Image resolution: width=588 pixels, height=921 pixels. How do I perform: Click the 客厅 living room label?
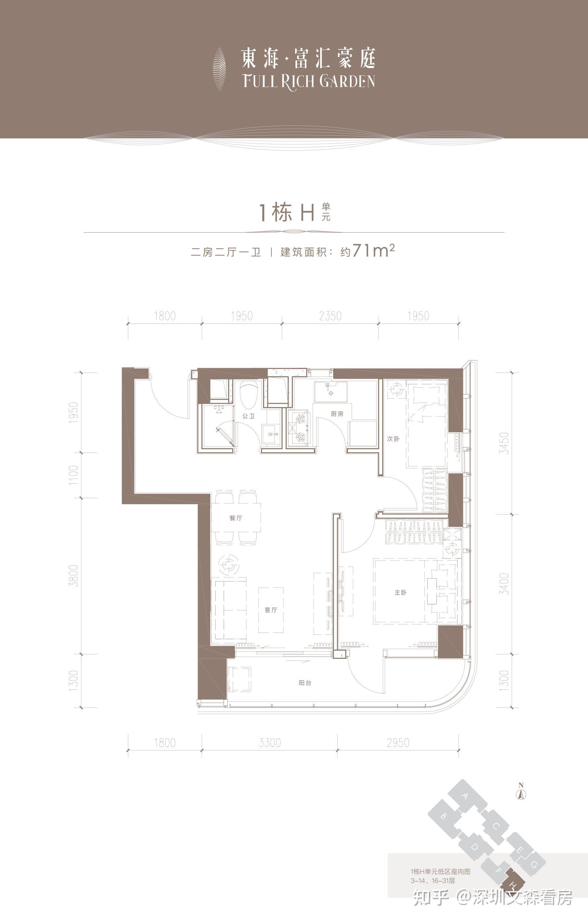[x=271, y=610]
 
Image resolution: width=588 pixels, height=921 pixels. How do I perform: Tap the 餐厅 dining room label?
[x=236, y=518]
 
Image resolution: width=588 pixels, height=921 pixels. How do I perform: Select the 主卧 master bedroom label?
[x=400, y=593]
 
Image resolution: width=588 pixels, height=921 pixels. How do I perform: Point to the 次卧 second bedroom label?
[x=393, y=438]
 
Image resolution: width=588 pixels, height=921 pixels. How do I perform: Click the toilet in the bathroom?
[x=248, y=395]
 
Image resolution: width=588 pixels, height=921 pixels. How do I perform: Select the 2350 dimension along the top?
[x=330, y=316]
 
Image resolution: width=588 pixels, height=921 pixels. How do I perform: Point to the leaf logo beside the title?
[x=219, y=69]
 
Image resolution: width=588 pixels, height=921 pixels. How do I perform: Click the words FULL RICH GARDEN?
[x=309, y=82]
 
